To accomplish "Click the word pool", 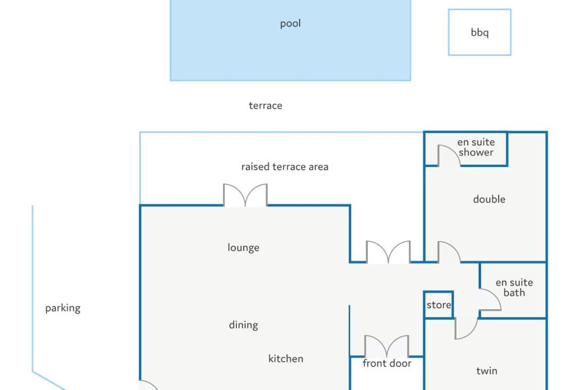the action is click(x=290, y=23).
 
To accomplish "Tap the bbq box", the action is click(x=479, y=32).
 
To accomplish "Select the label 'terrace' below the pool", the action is click(x=265, y=106).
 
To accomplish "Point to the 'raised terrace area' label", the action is click(x=285, y=166).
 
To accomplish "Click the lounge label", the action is click(x=243, y=248).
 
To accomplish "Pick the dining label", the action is click(x=243, y=325).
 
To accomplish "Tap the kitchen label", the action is click(x=286, y=359).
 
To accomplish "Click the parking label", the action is click(x=63, y=308).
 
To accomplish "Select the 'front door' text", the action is click(x=387, y=363).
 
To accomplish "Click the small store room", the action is click(x=439, y=305).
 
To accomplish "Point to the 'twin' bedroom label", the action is click(x=486, y=370).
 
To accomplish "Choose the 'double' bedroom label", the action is click(x=489, y=199).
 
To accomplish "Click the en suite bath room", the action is click(x=513, y=290).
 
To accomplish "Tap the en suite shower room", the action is click(x=466, y=149).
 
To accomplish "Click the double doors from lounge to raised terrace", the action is click(x=245, y=195).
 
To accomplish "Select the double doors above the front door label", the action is click(x=387, y=346).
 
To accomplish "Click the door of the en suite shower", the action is click(x=449, y=155).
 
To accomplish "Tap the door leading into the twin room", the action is click(x=466, y=328).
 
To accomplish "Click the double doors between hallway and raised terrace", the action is click(x=388, y=252).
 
